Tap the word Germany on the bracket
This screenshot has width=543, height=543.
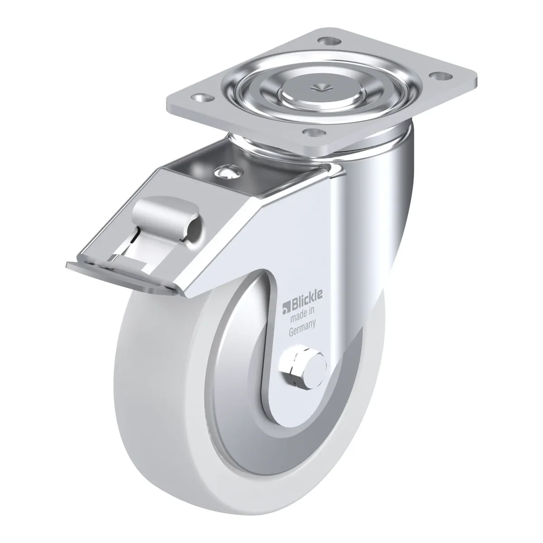tap(302, 328)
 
